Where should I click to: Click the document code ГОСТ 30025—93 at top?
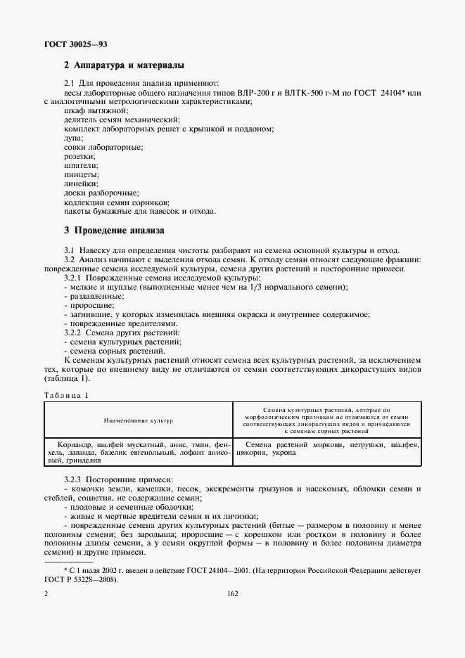point(75,45)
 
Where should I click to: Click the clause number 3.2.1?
point(75,279)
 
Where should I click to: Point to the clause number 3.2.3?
point(75,479)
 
